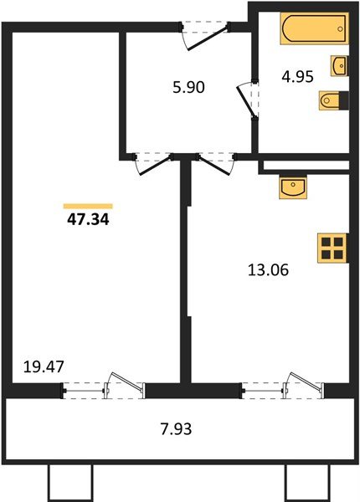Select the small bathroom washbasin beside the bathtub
[x=339, y=65]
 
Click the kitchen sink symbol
[x=293, y=187]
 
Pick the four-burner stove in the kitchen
[x=332, y=248]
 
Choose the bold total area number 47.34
[x=87, y=222]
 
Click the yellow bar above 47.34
[x=88, y=205]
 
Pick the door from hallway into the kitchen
[x=213, y=162]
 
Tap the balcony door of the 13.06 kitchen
[x=285, y=387]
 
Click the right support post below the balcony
[x=302, y=482]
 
